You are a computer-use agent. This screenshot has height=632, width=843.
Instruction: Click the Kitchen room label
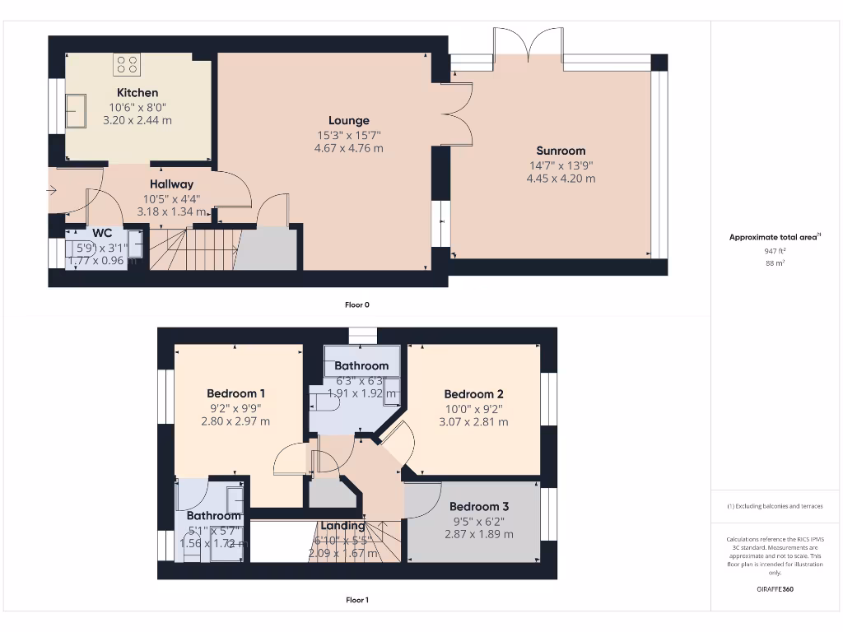pyautogui.click(x=137, y=93)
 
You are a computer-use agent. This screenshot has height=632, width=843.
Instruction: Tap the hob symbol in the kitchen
pyautogui.click(x=127, y=64)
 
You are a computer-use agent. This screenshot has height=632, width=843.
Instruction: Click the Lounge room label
pyautogui.click(x=349, y=121)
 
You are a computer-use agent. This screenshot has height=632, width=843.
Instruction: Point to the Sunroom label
pyautogui.click(x=561, y=151)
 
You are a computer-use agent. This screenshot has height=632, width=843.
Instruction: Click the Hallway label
pyautogui.click(x=171, y=184)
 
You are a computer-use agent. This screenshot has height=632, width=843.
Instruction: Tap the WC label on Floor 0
pyautogui.click(x=102, y=233)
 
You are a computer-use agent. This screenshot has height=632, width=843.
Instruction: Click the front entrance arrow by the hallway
pyautogui.click(x=52, y=191)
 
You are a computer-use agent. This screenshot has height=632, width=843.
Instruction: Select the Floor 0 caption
pyautogui.click(x=356, y=304)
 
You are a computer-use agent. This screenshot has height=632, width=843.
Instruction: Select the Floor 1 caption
pyautogui.click(x=356, y=600)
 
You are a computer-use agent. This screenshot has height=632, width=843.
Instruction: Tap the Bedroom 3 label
pyautogui.click(x=478, y=506)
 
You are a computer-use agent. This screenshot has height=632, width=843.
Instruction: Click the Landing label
pyautogui.click(x=343, y=526)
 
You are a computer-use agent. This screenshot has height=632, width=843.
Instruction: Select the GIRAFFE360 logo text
pyautogui.click(x=774, y=589)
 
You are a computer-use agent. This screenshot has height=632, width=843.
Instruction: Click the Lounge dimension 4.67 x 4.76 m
pyautogui.click(x=349, y=149)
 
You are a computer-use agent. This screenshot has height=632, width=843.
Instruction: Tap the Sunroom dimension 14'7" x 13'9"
pyautogui.click(x=561, y=165)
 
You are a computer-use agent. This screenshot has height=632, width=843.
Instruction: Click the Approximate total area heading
pyautogui.click(x=773, y=237)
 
